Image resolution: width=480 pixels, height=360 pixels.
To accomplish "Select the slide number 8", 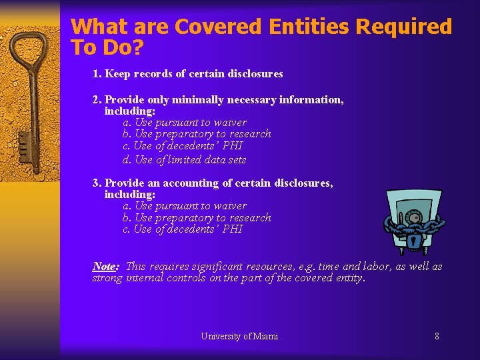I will (x=437, y=336).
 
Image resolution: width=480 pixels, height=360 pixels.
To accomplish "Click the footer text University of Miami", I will (x=239, y=336).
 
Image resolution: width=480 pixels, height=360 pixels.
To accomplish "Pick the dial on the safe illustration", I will (x=413, y=217).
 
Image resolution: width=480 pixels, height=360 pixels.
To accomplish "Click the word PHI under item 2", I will (x=233, y=145).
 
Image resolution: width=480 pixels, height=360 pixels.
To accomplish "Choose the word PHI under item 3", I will (x=233, y=229).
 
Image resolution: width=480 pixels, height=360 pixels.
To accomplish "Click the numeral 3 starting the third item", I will (x=96, y=183).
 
